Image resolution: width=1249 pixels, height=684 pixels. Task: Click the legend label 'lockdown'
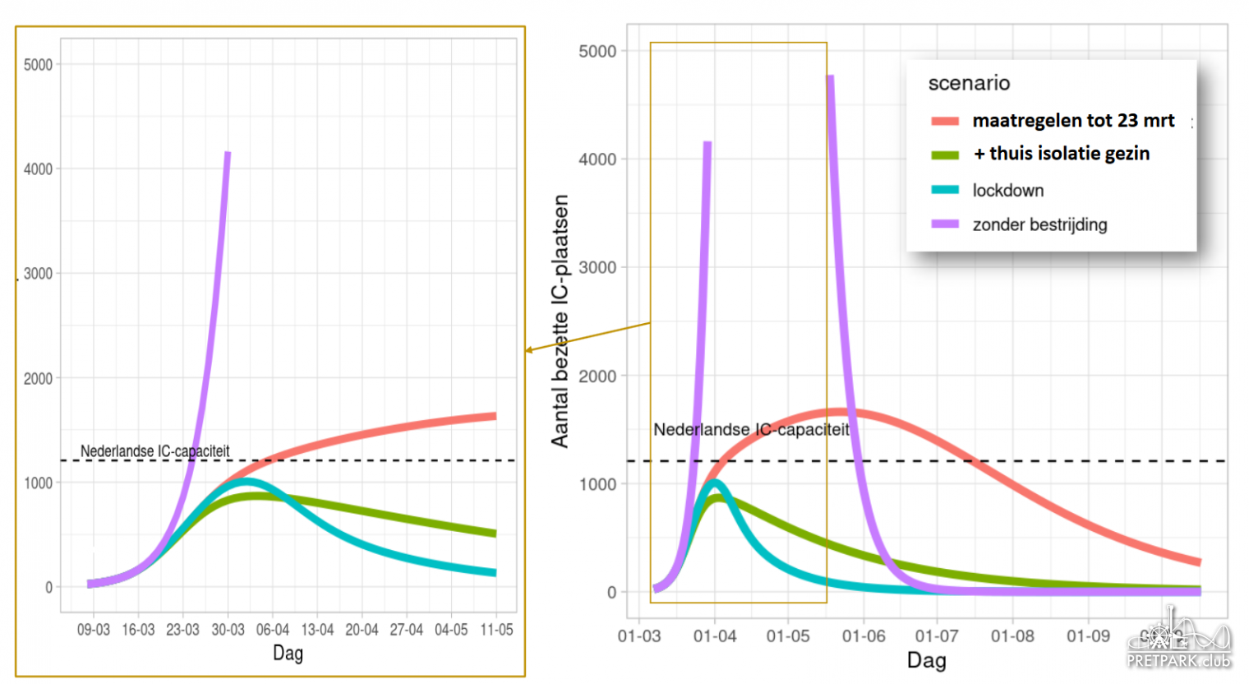click(1007, 191)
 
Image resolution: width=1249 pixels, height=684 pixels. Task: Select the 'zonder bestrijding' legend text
click(1039, 224)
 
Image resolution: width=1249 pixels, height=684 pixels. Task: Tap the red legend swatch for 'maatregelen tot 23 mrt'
click(945, 121)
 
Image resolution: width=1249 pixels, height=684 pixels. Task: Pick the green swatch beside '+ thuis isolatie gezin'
click(945, 155)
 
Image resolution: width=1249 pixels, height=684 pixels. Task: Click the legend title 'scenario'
click(969, 83)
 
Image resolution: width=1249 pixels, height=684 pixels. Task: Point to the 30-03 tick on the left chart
click(228, 630)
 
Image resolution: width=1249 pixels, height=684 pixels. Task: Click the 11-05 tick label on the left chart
click(496, 630)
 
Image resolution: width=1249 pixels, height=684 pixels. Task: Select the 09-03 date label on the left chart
click(93, 630)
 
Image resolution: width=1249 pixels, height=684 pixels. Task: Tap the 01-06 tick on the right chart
click(864, 636)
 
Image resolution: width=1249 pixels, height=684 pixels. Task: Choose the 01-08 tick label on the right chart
click(1012, 636)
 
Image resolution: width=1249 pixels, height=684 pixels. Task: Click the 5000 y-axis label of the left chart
click(38, 65)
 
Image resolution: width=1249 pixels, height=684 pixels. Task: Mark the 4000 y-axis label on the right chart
click(597, 159)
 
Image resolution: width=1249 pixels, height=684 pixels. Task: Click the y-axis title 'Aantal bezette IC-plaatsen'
click(560, 321)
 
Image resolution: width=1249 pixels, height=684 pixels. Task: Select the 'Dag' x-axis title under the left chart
click(288, 654)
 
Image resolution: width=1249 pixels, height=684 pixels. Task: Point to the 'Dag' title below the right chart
click(926, 660)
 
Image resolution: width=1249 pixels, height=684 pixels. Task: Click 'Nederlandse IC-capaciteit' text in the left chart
click(154, 451)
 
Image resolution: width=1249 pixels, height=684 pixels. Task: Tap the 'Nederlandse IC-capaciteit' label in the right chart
click(751, 429)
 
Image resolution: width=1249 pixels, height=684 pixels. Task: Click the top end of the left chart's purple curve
click(228, 154)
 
